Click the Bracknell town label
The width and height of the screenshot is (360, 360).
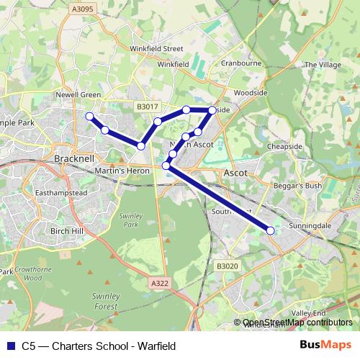[75, 158]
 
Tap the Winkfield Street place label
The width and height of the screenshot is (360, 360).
[156, 49]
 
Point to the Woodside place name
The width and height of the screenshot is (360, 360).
[251, 93]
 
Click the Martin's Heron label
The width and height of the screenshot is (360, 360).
[122, 171]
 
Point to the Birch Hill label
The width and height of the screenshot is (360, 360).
[68, 230]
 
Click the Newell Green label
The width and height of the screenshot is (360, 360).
[79, 94]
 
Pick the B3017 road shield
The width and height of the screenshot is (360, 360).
[147, 107]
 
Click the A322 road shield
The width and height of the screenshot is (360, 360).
[160, 284]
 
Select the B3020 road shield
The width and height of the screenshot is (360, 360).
[226, 266]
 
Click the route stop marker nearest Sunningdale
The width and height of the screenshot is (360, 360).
[271, 230]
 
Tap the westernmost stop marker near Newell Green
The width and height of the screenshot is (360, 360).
[89, 116]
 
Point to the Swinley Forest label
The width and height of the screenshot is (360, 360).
[105, 301]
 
